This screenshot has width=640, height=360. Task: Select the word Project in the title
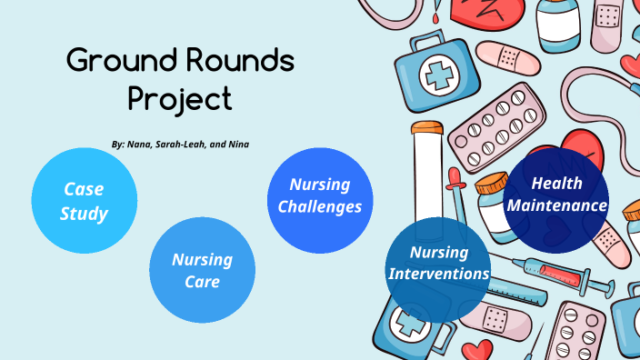pyautogui.click(x=180, y=97)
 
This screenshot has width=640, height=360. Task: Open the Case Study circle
pyautogui.click(x=85, y=201)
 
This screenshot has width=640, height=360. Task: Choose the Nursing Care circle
pyautogui.click(x=202, y=270)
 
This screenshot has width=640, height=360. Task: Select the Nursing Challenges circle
pyautogui.click(x=320, y=195)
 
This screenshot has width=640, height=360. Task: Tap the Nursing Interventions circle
pyautogui.click(x=439, y=263)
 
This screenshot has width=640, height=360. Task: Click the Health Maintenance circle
pyautogui.click(x=556, y=195)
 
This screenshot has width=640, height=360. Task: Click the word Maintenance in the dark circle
pyautogui.click(x=556, y=206)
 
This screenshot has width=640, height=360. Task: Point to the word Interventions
pyautogui.click(x=439, y=274)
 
